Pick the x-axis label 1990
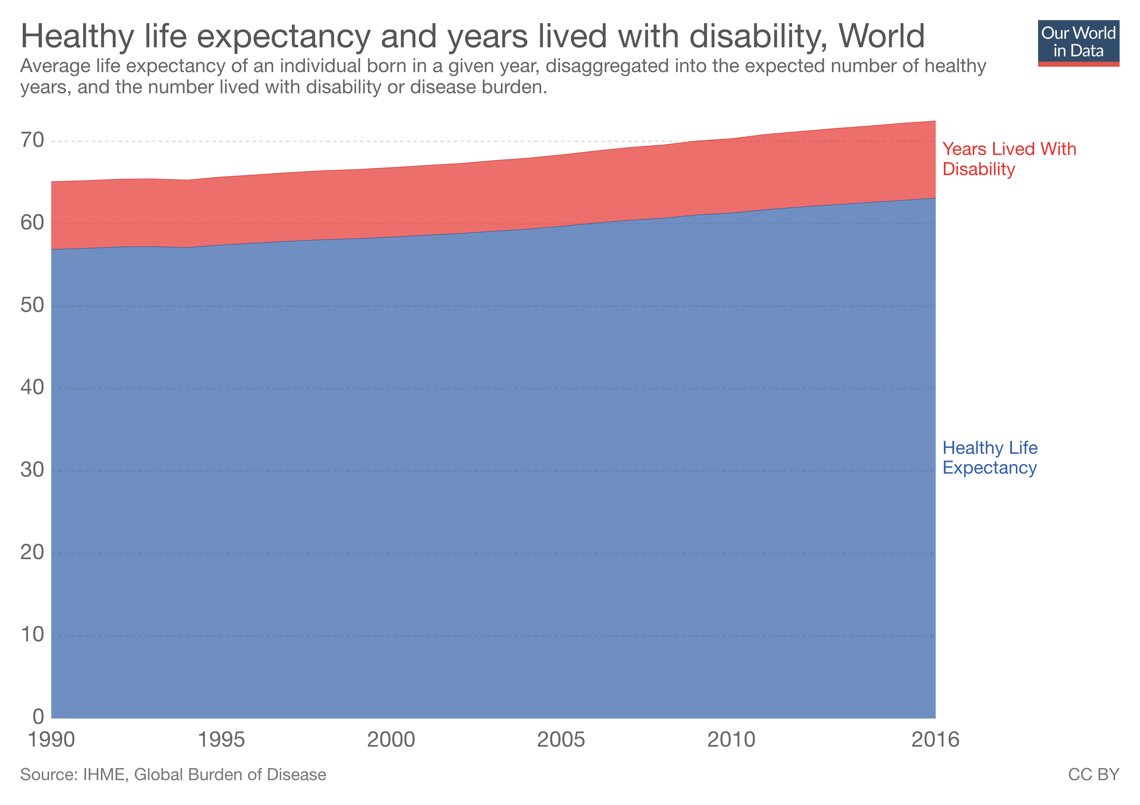[x=51, y=740]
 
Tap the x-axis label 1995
[x=221, y=740]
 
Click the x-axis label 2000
[x=391, y=740]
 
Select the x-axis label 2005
[x=561, y=740]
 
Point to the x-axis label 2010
[x=731, y=740]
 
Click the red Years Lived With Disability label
[x=1009, y=159]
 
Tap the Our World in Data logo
[x=1078, y=43]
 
